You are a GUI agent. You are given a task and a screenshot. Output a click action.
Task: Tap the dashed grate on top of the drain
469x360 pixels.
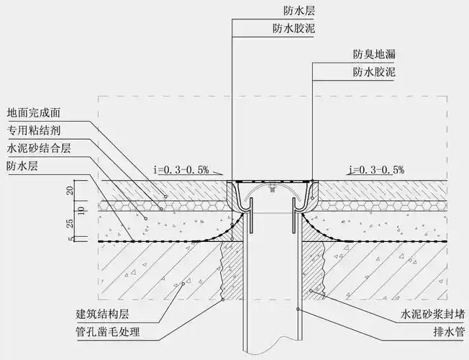271,181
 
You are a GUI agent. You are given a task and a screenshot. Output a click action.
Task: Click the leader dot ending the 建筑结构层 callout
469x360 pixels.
183,285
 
